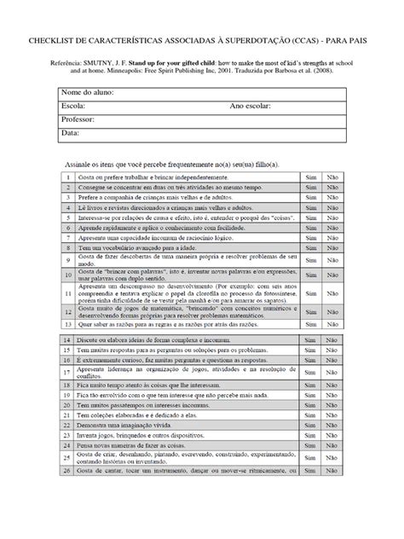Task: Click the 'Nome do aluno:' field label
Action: tap(88, 92)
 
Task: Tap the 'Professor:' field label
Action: tap(78, 119)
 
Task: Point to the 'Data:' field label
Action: tap(70, 133)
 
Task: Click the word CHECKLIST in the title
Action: tap(53, 40)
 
